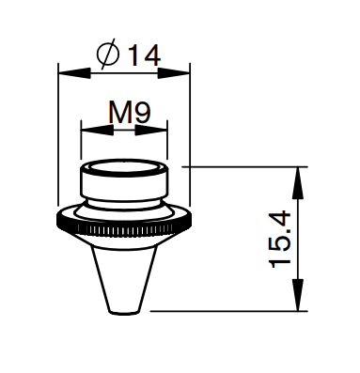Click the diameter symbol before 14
108,55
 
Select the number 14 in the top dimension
142,55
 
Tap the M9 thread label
125,114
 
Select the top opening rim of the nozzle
125,168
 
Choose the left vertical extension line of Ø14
59,141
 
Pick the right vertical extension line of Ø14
191,141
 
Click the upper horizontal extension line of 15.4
244,167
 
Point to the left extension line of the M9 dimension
81,141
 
